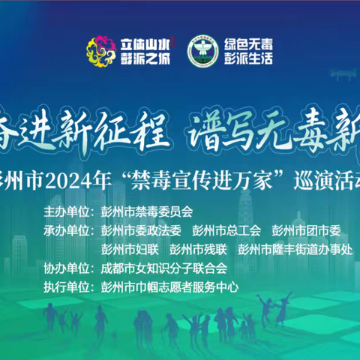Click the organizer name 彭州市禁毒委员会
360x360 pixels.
coord(145,211)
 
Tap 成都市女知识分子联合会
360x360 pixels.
coord(163,267)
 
